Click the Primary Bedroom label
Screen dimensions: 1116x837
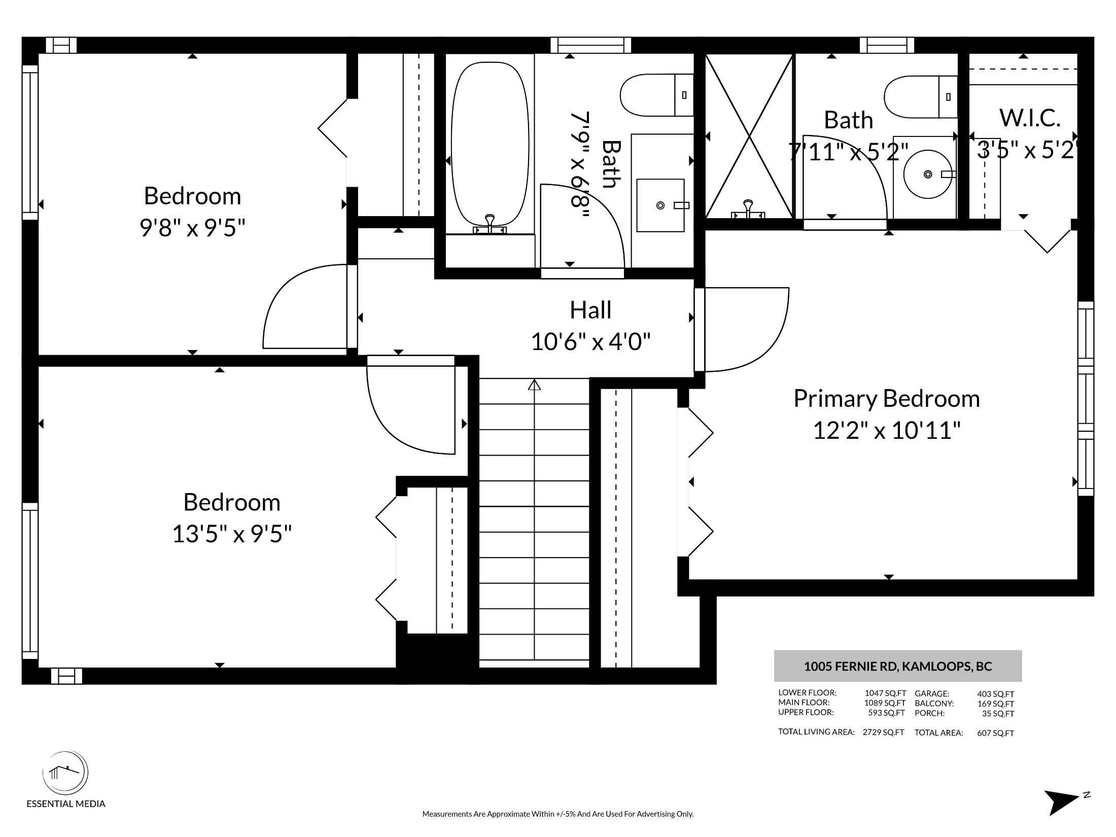[886, 398]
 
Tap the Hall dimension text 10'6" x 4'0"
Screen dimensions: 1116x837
[590, 341]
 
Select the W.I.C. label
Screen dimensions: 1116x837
[1030, 118]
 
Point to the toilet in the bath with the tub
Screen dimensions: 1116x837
[656, 95]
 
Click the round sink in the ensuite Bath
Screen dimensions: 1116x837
[928, 174]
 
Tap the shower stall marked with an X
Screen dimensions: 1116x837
[749, 136]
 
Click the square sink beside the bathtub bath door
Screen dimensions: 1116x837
[660, 205]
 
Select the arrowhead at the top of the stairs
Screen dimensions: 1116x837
[534, 385]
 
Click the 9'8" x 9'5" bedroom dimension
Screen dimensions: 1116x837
[192, 228]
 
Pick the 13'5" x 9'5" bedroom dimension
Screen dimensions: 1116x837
[232, 534]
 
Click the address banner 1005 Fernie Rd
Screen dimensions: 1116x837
[898, 666]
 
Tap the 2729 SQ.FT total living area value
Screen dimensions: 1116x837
[883, 733]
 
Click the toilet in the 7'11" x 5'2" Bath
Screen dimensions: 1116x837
[921, 97]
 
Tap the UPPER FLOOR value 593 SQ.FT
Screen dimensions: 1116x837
[886, 713]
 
